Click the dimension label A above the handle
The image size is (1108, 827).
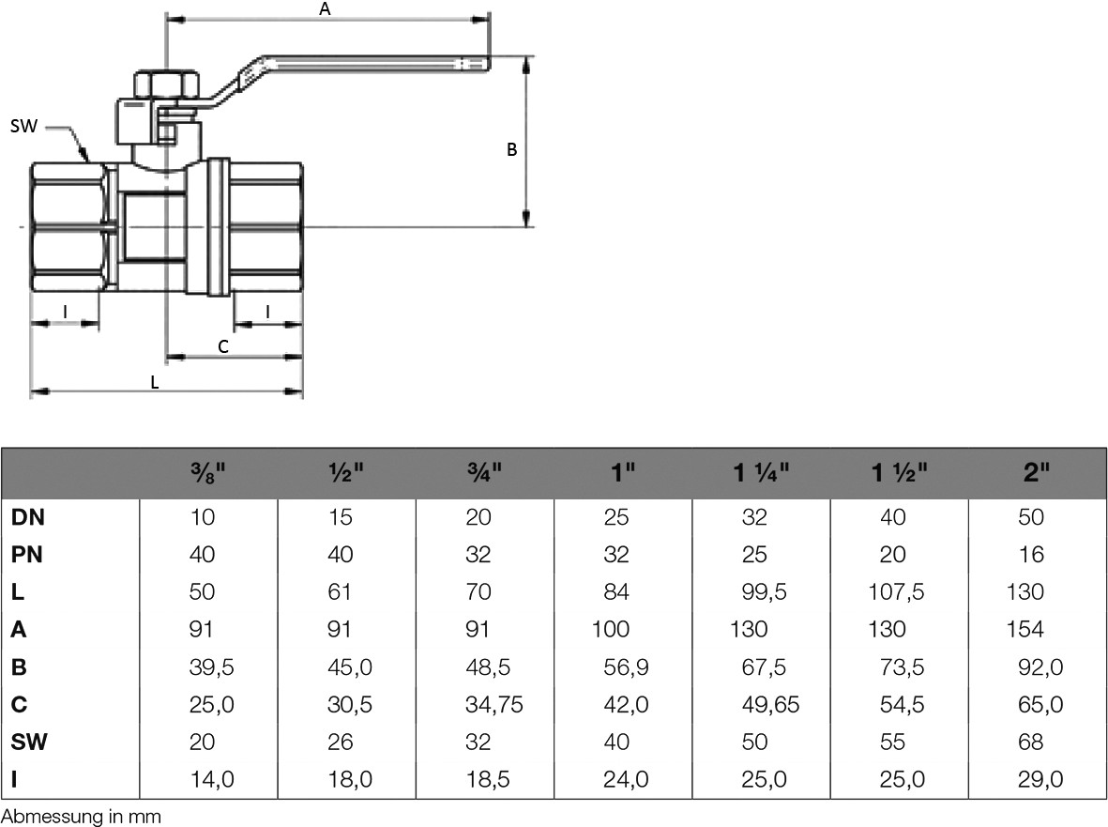coord(326,8)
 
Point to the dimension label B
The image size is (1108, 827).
coord(512,149)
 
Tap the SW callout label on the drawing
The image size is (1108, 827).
coord(24,125)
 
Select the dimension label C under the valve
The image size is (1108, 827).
coord(223,346)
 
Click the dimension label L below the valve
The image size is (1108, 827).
coord(155,382)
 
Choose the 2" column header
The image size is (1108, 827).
coord(1036,473)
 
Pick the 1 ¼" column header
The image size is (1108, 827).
coord(761,473)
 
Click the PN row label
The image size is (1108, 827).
coord(27,555)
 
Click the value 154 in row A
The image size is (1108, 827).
coord(1025,630)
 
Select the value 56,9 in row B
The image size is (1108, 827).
coord(622,667)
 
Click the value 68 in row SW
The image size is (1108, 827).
coord(1030,743)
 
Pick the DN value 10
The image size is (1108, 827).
coord(202,517)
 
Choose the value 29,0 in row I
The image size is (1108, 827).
coord(1040,780)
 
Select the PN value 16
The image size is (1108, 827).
coord(1030,555)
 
